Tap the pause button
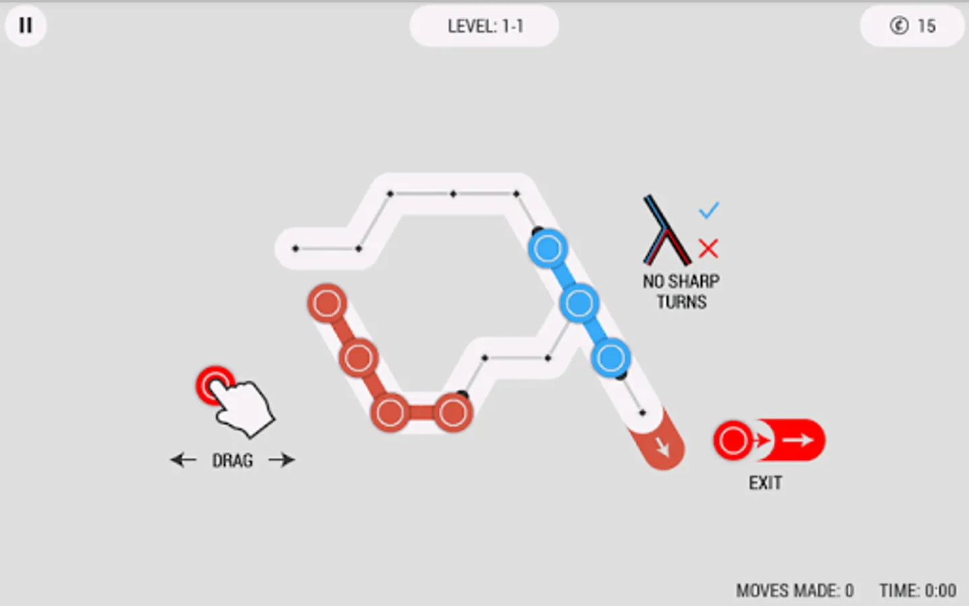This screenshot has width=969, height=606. pyautogui.click(x=26, y=26)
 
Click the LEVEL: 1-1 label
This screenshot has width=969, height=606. pyautogui.click(x=485, y=26)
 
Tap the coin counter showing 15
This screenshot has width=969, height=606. pyautogui.click(x=912, y=26)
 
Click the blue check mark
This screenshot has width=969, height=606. pyautogui.click(x=709, y=211)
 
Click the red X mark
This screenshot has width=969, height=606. pyautogui.click(x=708, y=248)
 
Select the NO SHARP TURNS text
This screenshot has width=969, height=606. pyautogui.click(x=681, y=291)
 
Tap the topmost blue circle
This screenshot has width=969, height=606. pyautogui.click(x=547, y=249)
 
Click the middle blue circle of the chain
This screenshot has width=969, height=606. pyautogui.click(x=579, y=304)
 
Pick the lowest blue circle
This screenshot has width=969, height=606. pyautogui.click(x=610, y=358)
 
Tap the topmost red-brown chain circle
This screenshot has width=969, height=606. pyautogui.click(x=327, y=304)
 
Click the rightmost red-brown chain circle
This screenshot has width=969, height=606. pyautogui.click(x=452, y=413)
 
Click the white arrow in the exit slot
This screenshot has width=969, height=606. pyautogui.click(x=663, y=446)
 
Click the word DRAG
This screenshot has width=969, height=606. pyautogui.click(x=233, y=461)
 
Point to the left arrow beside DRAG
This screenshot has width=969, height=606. pyautogui.click(x=183, y=460)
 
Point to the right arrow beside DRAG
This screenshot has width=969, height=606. pyautogui.click(x=281, y=460)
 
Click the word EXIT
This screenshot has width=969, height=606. pyautogui.click(x=765, y=483)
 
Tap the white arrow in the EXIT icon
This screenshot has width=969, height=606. pyautogui.click(x=799, y=440)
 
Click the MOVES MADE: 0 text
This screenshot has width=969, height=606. pyautogui.click(x=794, y=591)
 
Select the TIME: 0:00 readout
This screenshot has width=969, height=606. pyautogui.click(x=917, y=591)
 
